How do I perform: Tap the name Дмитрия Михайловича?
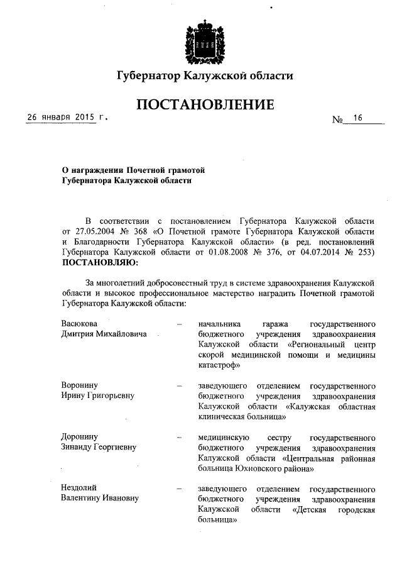click(104, 333)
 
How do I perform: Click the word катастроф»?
click(220, 365)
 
